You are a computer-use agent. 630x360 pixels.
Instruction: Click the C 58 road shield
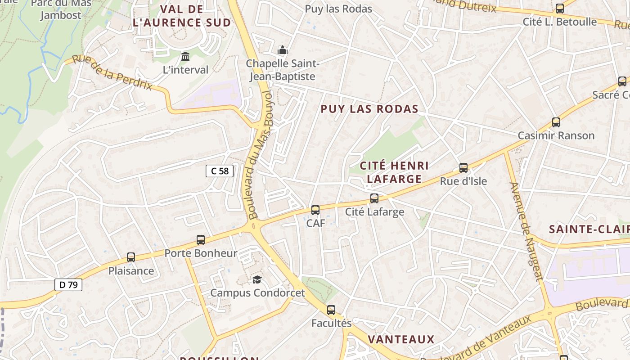(220, 171)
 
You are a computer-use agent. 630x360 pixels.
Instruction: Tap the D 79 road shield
(68, 284)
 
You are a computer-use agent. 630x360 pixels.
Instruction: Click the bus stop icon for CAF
(315, 210)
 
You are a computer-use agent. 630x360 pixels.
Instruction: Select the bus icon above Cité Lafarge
(374, 198)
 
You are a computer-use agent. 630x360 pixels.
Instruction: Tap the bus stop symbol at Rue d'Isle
(463, 168)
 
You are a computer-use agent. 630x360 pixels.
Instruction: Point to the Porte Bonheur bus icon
(201, 240)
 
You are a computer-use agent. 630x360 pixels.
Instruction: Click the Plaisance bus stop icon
(131, 257)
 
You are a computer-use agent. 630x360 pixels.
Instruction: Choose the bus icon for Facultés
(331, 310)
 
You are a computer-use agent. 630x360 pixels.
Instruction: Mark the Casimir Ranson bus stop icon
(556, 122)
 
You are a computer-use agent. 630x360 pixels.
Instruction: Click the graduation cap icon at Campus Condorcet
(257, 280)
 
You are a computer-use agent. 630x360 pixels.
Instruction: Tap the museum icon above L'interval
(185, 57)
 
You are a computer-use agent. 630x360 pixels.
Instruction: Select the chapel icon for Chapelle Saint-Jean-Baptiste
(283, 50)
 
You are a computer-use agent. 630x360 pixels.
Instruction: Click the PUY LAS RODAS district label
(369, 109)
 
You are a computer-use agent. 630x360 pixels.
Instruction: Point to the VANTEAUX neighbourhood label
(401, 339)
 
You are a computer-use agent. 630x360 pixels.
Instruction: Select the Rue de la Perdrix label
(112, 72)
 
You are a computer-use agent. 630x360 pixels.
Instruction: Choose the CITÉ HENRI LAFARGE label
(394, 172)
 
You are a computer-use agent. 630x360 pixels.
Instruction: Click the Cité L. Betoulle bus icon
(560, 8)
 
